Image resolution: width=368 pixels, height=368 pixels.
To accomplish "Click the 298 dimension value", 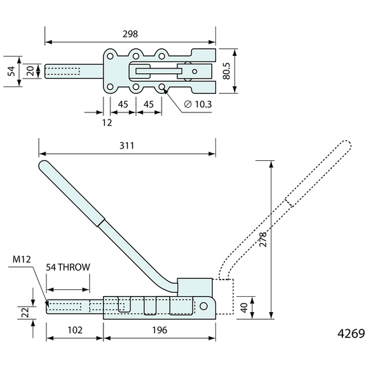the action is [130, 35].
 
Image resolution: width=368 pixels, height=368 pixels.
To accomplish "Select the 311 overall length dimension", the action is [127, 146].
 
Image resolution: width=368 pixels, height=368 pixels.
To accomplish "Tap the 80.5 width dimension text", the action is [226, 71].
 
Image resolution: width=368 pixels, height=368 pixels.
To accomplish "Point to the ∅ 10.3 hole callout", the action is [198, 104].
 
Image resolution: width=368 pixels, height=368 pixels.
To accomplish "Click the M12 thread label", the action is [21, 260].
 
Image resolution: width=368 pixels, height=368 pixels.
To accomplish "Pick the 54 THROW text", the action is [68, 267].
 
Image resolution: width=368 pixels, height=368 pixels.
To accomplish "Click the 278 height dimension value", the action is [263, 239].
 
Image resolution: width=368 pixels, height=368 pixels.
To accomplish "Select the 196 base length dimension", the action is [159, 330].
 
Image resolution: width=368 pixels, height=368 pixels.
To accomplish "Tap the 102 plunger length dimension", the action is [75, 330].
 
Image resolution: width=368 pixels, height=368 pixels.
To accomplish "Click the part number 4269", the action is [351, 333].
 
